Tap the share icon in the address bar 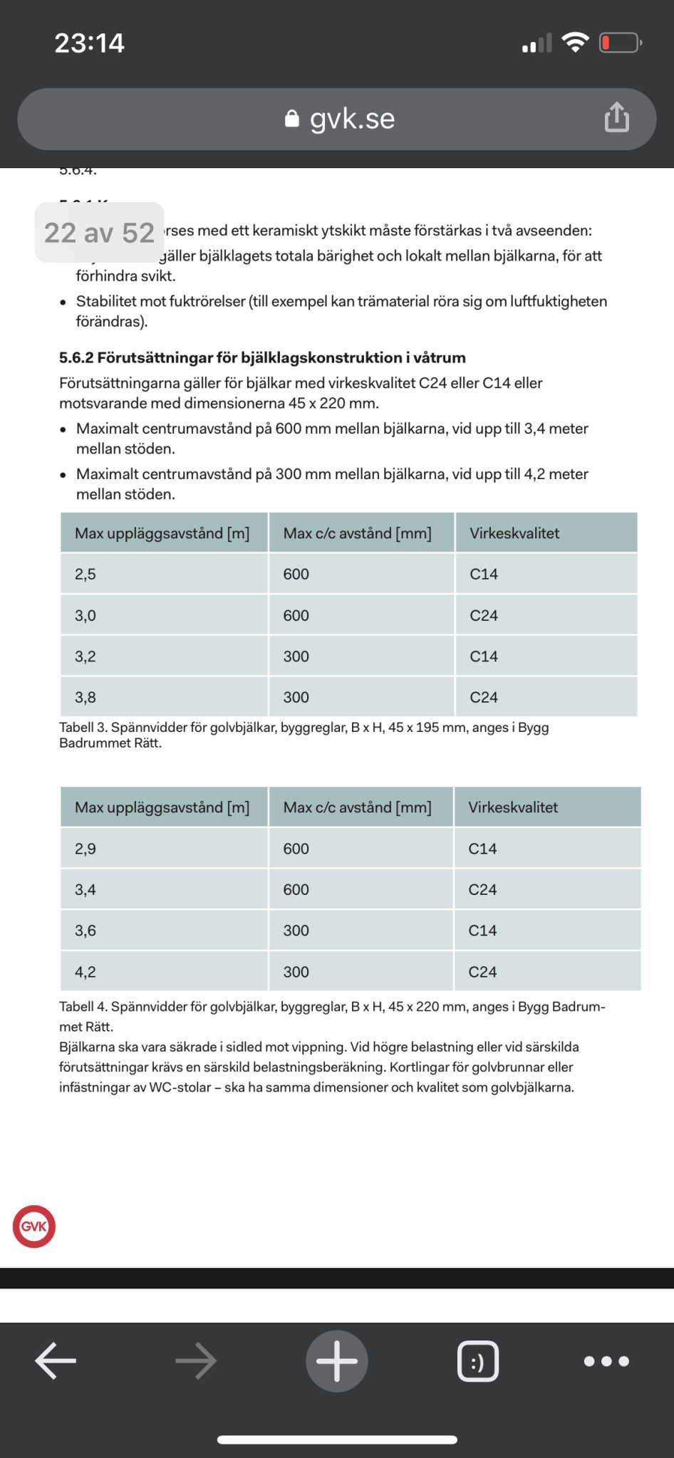pyautogui.click(x=616, y=117)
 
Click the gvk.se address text pyautogui.click(x=352, y=119)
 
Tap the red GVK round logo pyautogui.click(x=33, y=1226)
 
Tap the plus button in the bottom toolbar pyautogui.click(x=337, y=1360)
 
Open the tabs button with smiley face pyautogui.click(x=477, y=1361)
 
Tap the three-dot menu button pyautogui.click(x=606, y=1361)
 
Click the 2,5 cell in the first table pyautogui.click(x=85, y=574)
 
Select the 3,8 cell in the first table pyautogui.click(x=85, y=697)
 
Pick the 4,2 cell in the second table pyautogui.click(x=85, y=972)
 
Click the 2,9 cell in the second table pyautogui.click(x=85, y=849)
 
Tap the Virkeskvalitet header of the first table pyautogui.click(x=514, y=533)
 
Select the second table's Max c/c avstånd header pyautogui.click(x=357, y=807)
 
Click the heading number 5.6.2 pyautogui.click(x=76, y=357)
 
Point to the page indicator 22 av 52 pyautogui.click(x=99, y=233)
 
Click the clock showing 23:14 pyautogui.click(x=90, y=43)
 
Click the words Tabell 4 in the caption pyautogui.click(x=83, y=1007)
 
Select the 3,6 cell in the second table pyautogui.click(x=85, y=930)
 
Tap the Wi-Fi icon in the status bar pyautogui.click(x=575, y=43)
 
